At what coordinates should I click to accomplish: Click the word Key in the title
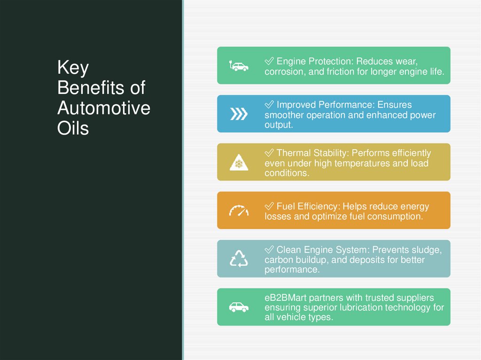[x=73, y=69]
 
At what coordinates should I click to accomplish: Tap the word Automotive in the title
[x=104, y=108]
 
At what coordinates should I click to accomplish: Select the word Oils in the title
[x=73, y=129]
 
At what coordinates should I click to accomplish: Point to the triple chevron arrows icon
[x=239, y=114]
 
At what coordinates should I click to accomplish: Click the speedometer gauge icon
[x=239, y=211]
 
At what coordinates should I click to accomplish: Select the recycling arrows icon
[x=239, y=259]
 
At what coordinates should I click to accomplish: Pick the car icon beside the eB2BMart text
[x=239, y=307]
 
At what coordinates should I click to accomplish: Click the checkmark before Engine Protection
[x=269, y=61]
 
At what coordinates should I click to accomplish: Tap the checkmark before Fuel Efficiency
[x=269, y=207]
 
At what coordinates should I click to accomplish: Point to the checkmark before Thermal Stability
[x=269, y=153]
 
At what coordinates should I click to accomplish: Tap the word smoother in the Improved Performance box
[x=284, y=115]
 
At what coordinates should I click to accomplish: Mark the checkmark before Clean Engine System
[x=269, y=250]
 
